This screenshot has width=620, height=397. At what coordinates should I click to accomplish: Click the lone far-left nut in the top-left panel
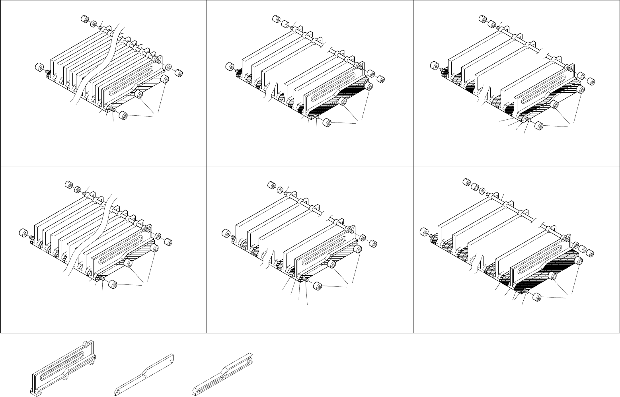[39, 68]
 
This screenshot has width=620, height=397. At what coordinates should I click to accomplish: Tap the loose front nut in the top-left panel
[123, 116]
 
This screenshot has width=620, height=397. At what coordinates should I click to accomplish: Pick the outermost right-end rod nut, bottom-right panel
[591, 254]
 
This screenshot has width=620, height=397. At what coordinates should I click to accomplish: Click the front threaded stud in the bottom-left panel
[103, 279]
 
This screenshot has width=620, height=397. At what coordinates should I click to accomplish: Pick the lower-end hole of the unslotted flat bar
[117, 390]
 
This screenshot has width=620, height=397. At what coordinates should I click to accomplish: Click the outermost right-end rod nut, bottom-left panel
[168, 242]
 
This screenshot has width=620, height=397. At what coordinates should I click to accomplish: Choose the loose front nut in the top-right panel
[539, 127]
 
